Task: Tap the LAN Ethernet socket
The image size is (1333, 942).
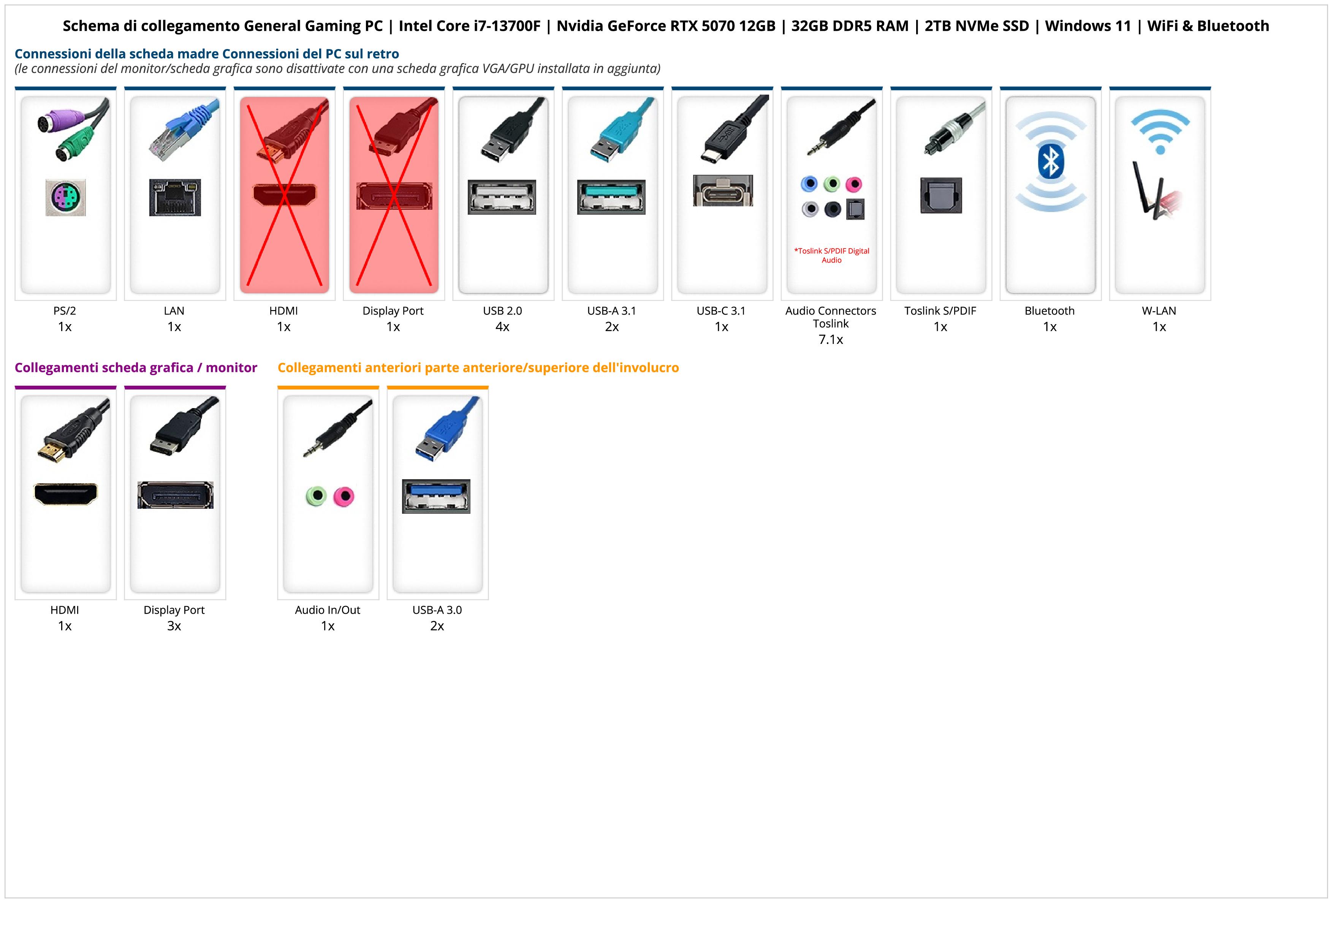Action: click(x=175, y=197)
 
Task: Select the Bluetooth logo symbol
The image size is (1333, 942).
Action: click(x=1050, y=161)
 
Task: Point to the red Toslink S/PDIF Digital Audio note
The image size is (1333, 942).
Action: click(x=831, y=255)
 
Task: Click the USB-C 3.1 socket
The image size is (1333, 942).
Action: click(x=722, y=190)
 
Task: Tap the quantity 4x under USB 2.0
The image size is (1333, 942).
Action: click(x=502, y=327)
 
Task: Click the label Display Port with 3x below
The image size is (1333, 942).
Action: click(x=174, y=610)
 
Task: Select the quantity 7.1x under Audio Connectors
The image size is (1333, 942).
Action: click(x=831, y=340)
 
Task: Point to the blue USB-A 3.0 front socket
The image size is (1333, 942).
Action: click(x=436, y=496)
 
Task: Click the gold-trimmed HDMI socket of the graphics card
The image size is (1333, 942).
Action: click(x=66, y=494)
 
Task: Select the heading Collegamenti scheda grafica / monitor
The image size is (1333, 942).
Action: click(x=136, y=367)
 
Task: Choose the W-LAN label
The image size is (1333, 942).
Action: click(x=1159, y=310)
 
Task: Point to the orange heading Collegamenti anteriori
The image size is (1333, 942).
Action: click(x=478, y=367)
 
